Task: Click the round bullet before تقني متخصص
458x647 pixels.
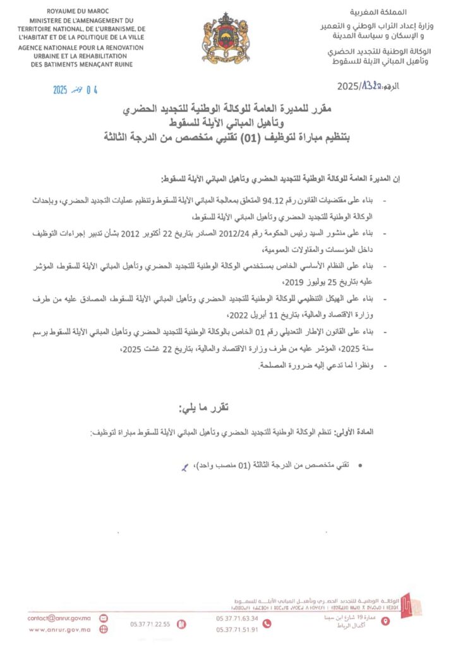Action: (360, 465)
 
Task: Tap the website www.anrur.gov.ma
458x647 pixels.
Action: (60, 629)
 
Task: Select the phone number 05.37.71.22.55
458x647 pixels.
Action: (150, 624)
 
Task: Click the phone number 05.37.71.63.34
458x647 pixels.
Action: (237, 618)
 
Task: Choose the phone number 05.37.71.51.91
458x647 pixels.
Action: (237, 629)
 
